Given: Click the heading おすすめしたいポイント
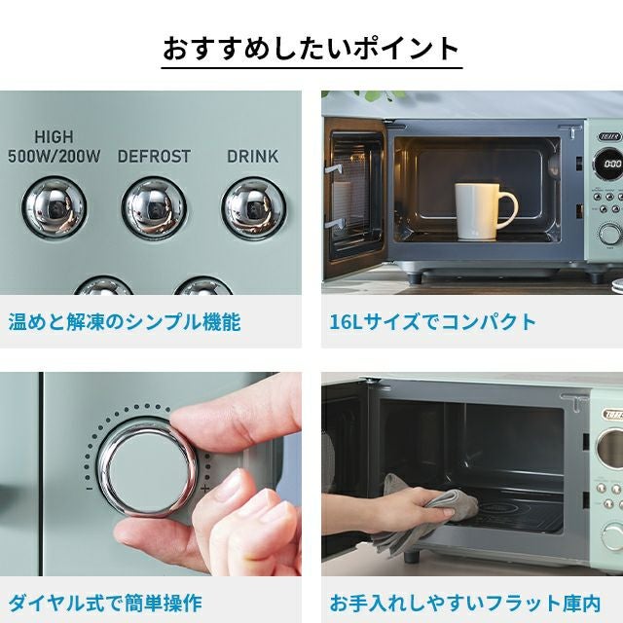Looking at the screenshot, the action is click(x=311, y=50).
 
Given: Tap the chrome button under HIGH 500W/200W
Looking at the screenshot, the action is click(x=55, y=207).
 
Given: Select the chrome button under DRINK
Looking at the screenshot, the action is click(x=253, y=207).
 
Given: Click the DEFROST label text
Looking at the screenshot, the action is click(x=154, y=157).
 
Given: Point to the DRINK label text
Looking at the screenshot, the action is click(x=253, y=157).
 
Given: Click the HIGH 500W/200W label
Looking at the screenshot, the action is click(x=55, y=147).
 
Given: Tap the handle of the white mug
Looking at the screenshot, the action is click(x=509, y=210).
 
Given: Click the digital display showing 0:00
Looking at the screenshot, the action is click(x=610, y=164).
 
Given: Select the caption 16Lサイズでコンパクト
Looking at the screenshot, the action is click(x=433, y=322).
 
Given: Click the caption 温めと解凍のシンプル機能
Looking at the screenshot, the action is click(x=125, y=322).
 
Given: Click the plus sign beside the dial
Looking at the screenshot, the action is click(x=205, y=489).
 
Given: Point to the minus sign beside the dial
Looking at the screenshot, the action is click(x=90, y=489).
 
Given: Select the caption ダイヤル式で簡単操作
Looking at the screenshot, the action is click(x=105, y=604).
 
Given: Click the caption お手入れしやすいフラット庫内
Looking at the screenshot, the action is click(x=465, y=604).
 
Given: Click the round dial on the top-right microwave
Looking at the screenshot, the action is click(x=610, y=234).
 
